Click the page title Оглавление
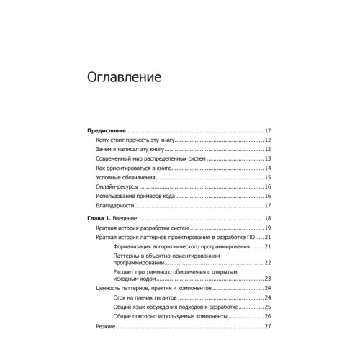click(x=123, y=76)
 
